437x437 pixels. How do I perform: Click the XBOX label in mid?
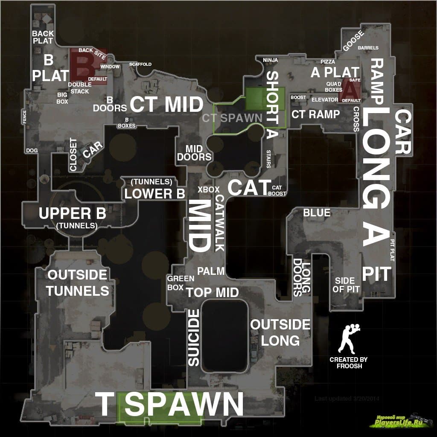(208, 189)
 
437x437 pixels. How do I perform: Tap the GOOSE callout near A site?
(353, 41)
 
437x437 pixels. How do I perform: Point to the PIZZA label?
(328, 62)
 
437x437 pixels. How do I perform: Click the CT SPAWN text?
(232, 118)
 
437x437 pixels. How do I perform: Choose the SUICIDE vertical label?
(194, 338)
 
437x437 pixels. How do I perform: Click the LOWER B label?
(154, 193)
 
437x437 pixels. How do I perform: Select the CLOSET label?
(73, 154)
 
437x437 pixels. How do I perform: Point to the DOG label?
(32, 151)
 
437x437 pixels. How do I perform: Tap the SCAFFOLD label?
(140, 64)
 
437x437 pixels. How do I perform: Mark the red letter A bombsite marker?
(350, 90)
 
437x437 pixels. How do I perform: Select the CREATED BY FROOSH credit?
(349, 363)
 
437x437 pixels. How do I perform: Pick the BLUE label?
(317, 213)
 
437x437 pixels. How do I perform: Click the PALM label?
(210, 271)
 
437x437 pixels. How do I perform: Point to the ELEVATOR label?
(325, 99)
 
